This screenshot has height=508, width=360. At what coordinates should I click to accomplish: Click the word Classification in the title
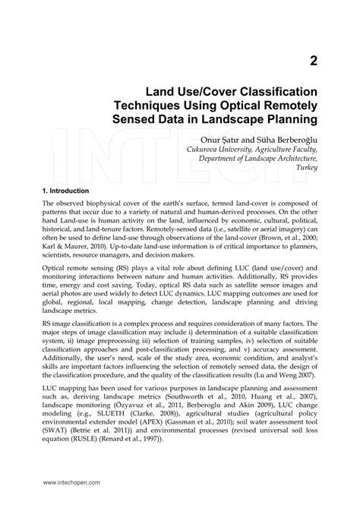click(267, 90)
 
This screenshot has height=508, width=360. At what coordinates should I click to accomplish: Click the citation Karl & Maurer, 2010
click(74, 250)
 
